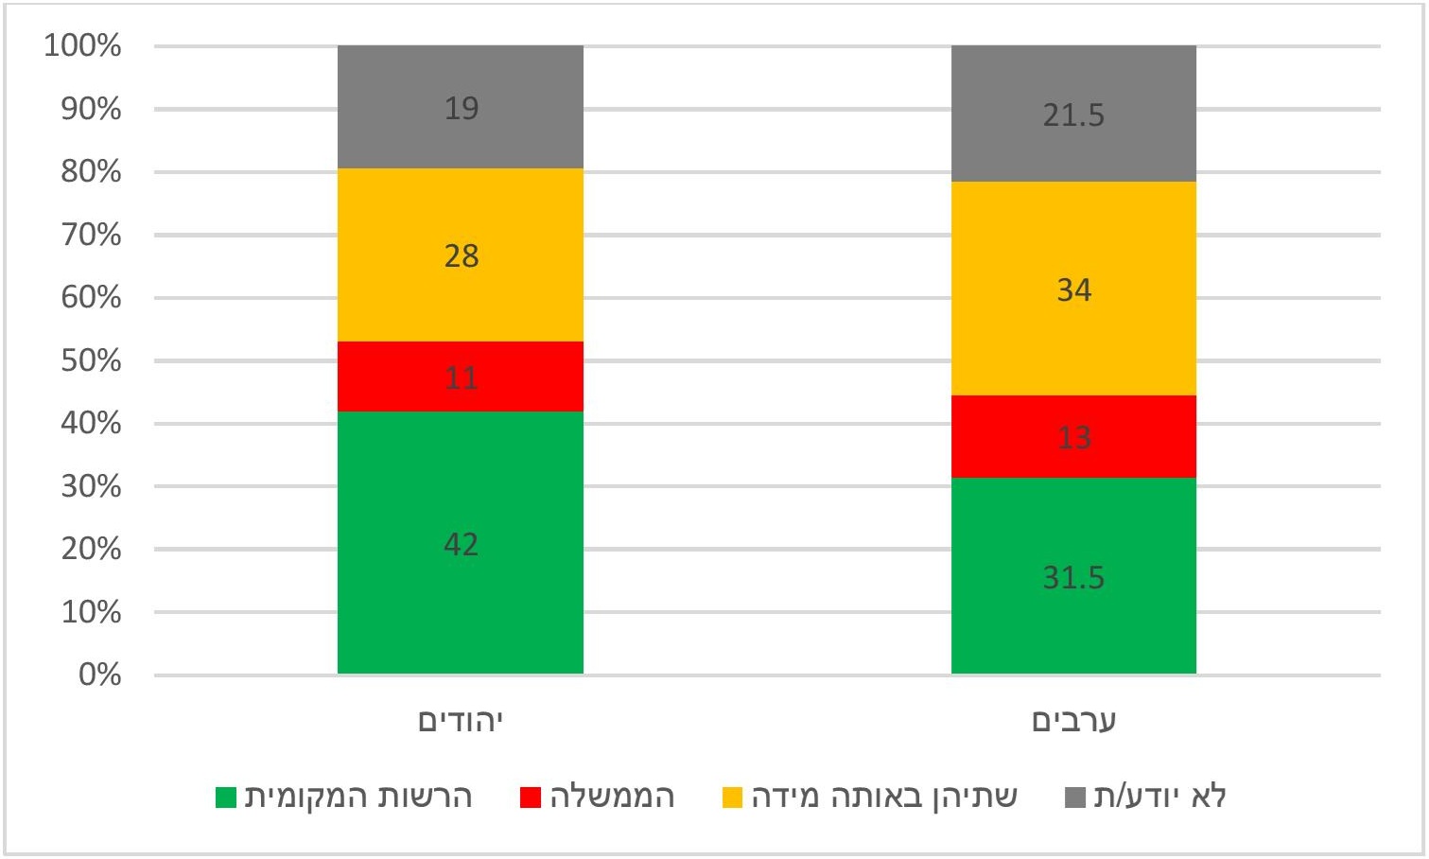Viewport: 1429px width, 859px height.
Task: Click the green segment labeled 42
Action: pos(461,543)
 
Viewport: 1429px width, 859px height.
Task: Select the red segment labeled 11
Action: pos(461,377)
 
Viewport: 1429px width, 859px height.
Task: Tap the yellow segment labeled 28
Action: pos(461,255)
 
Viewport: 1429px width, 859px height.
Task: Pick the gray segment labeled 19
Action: pos(461,108)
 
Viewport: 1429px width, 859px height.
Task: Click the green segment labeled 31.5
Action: pos(1073,576)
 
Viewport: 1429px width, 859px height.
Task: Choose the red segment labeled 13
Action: pos(1073,437)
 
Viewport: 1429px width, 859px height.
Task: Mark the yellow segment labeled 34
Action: pos(1073,289)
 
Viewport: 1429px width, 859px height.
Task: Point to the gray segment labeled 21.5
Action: pos(1073,114)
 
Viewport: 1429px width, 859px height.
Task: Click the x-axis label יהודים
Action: pos(461,722)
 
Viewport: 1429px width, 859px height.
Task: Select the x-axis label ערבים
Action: pos(1073,722)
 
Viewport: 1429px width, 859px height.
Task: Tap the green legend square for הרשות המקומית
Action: pos(226,798)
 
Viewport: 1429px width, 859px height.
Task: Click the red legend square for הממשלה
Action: pos(531,798)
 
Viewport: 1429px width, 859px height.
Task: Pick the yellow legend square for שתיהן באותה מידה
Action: pos(732,798)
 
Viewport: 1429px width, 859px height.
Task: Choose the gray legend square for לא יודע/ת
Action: pos(1074,798)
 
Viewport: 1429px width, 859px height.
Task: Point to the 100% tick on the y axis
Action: pos(83,45)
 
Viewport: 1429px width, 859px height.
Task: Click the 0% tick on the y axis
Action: pos(99,675)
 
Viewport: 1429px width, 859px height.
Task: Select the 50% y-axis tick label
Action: pos(91,360)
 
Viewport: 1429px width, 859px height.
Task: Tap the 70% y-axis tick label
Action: pos(91,235)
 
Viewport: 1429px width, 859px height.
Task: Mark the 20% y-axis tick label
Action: pos(91,549)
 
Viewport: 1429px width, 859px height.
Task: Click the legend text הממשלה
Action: pos(612,797)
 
